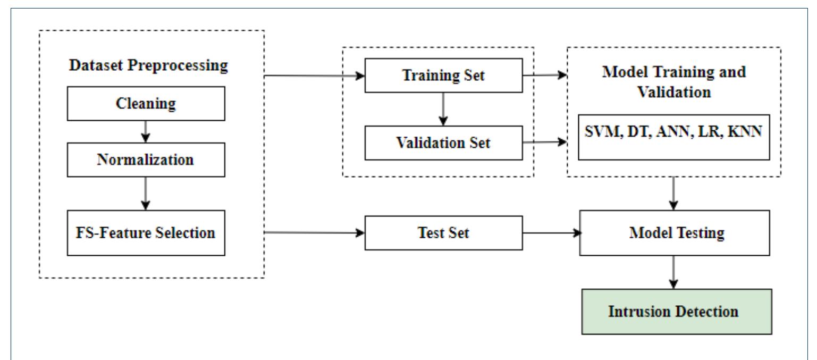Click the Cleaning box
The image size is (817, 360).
tap(146, 104)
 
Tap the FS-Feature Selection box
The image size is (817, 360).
tap(146, 233)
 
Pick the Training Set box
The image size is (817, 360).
tap(444, 75)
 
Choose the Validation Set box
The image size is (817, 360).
tap(444, 142)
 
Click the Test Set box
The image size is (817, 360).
tap(444, 233)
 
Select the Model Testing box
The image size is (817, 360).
tap(675, 233)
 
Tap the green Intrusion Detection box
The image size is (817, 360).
tap(675, 311)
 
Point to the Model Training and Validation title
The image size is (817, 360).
tap(675, 81)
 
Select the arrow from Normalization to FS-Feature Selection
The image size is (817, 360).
tap(146, 194)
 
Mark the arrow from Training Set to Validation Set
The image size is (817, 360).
tap(444, 108)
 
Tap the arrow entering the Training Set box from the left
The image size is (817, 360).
tap(314, 75)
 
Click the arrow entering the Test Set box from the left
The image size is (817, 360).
tap(314, 233)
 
